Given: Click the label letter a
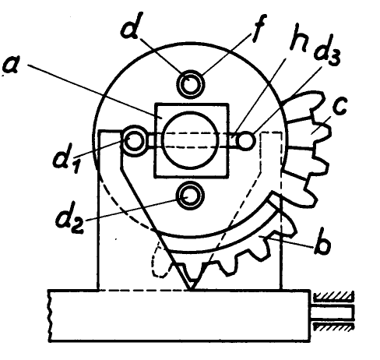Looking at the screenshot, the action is pyautogui.click(x=10, y=65).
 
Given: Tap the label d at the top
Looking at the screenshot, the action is pyautogui.click(x=131, y=26).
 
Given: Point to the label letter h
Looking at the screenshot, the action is pyautogui.click(x=298, y=41).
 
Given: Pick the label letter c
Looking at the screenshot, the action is pyautogui.click(x=339, y=106).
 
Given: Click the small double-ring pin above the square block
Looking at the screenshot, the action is pyautogui.click(x=191, y=83).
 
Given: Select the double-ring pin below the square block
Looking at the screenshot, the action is pyautogui.click(x=190, y=196).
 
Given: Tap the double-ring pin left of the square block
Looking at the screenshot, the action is pyautogui.click(x=134, y=140).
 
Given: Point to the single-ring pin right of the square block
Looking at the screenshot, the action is pyautogui.click(x=245, y=140).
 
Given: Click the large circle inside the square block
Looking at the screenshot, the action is pyautogui.click(x=190, y=140).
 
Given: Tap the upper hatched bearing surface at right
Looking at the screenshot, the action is pyautogui.click(x=333, y=296).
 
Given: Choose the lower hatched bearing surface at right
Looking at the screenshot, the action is pyautogui.click(x=333, y=326).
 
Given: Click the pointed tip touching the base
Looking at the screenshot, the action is pyautogui.click(x=191, y=288).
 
